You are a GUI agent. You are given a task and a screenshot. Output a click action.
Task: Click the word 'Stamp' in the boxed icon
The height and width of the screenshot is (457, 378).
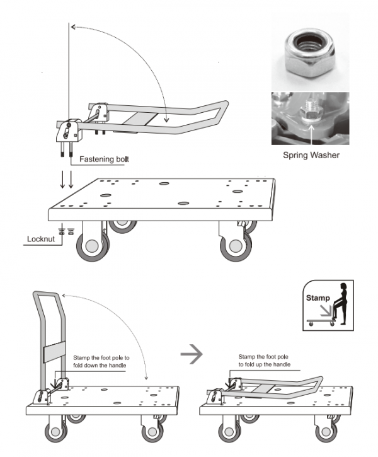[x=318, y=297]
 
